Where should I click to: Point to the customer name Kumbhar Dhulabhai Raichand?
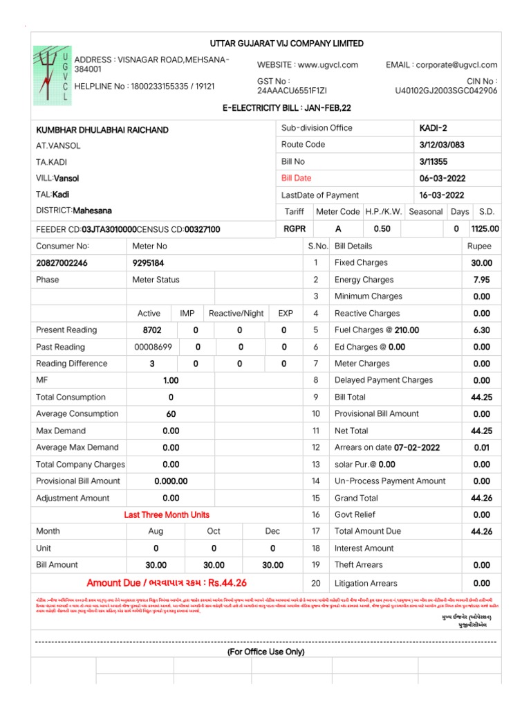(102, 130)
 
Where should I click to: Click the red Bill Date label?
(296, 178)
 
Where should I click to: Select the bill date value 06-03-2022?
(442, 178)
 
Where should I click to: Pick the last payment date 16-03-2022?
(442, 195)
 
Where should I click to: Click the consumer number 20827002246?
(62, 263)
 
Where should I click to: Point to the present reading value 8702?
(152, 330)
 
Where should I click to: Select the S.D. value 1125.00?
(485, 228)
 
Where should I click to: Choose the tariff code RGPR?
(295, 228)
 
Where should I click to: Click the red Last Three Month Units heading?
(167, 514)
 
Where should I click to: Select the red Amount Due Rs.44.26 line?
(167, 582)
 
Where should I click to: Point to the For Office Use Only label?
(266, 652)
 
